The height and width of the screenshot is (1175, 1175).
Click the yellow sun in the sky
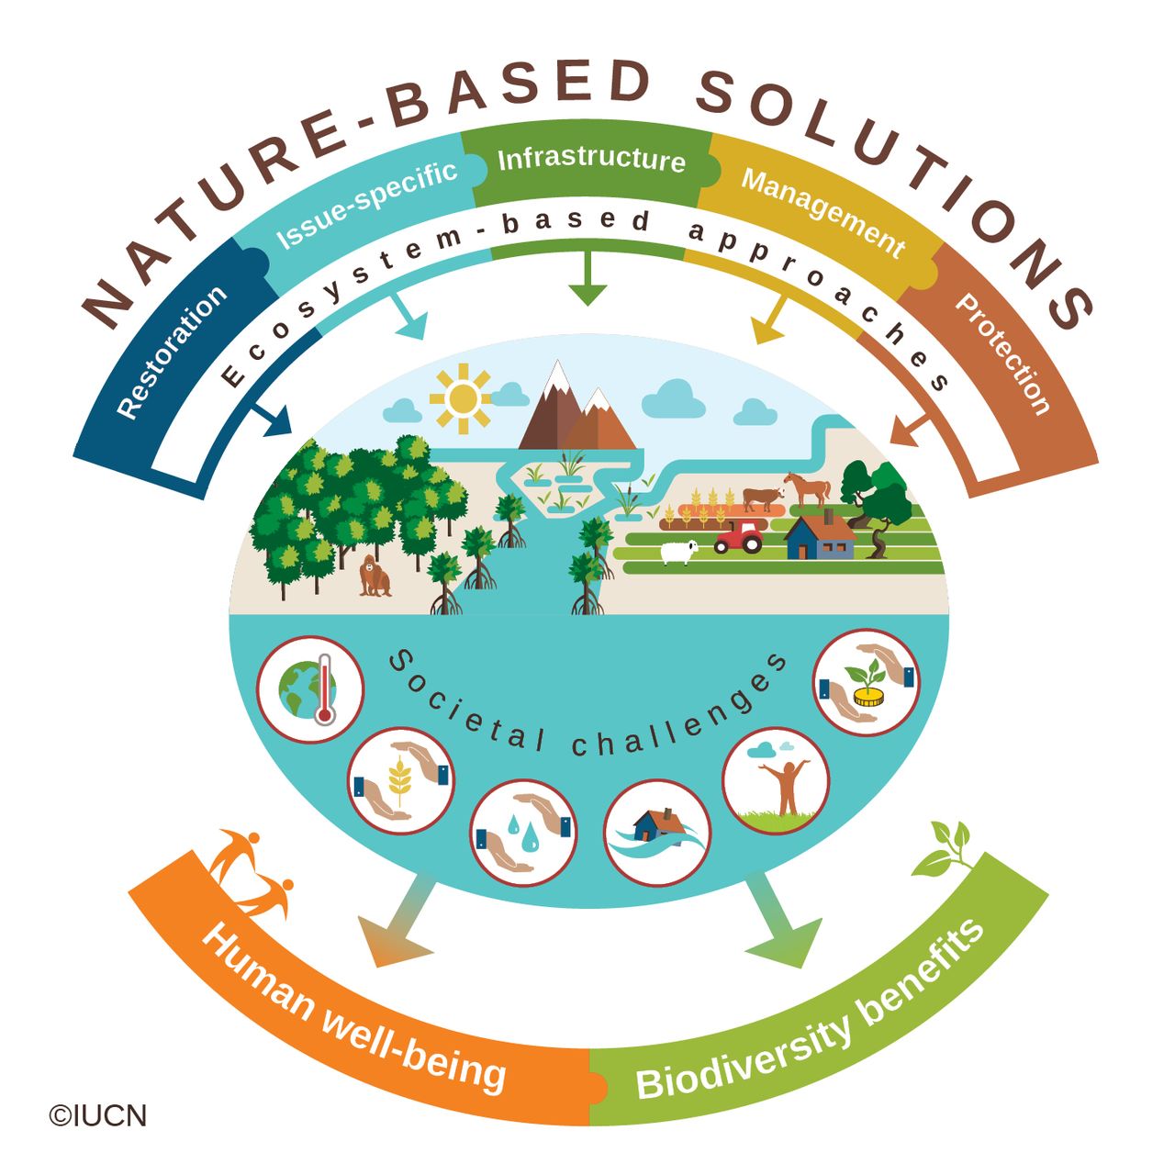click(x=462, y=398)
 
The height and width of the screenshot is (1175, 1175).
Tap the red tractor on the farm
click(x=739, y=536)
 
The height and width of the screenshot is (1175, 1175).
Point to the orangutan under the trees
click(x=374, y=575)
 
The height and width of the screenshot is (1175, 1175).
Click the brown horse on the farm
click(x=807, y=488)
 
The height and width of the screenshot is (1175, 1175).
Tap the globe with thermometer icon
click(x=309, y=689)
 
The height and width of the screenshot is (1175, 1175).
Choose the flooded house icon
click(x=656, y=833)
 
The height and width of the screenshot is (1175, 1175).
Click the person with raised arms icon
click(x=775, y=780)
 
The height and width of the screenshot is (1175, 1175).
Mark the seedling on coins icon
click(x=867, y=682)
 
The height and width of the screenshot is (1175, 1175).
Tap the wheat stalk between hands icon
click(x=401, y=780)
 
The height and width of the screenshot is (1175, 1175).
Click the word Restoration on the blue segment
click(x=172, y=352)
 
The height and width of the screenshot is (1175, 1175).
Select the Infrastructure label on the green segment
click(x=591, y=159)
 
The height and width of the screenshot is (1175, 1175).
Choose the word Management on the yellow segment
click(x=823, y=214)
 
